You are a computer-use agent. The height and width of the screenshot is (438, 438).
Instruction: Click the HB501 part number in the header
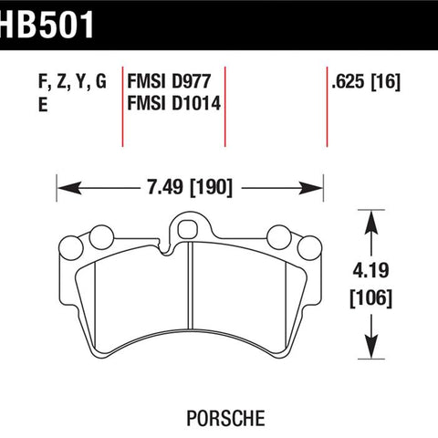[x=47, y=25]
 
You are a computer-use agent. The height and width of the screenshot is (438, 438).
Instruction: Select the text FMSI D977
[x=169, y=82]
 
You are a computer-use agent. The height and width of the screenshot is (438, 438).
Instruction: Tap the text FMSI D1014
[x=173, y=103]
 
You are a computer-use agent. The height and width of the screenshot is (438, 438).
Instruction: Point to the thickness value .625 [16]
[x=366, y=82]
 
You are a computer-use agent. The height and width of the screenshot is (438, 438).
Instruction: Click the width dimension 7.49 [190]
[x=190, y=187]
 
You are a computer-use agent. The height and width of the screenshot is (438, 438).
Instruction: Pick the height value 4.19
[x=370, y=270]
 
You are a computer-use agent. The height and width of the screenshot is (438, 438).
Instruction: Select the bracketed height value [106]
[x=371, y=298]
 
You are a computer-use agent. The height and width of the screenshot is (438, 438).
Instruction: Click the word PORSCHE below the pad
[x=225, y=419]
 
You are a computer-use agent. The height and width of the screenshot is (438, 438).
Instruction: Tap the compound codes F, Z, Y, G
[x=72, y=82]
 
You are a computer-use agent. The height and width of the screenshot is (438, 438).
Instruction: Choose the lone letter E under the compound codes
[x=43, y=105]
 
